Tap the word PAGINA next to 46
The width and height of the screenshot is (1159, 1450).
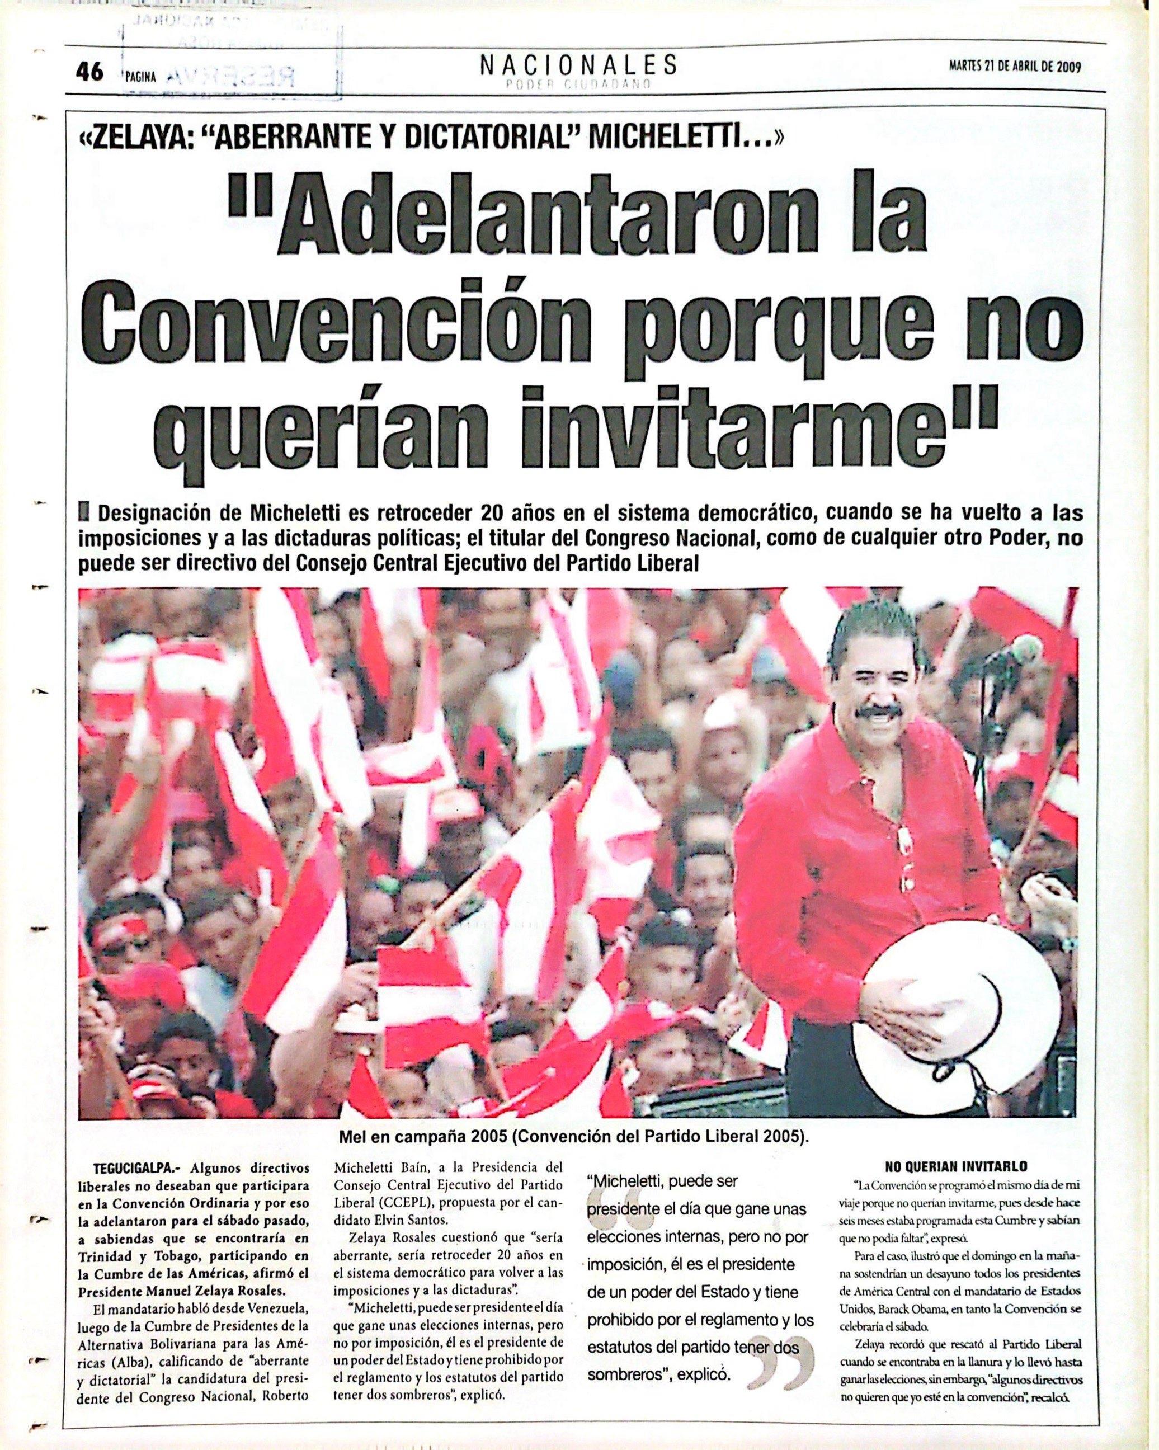[x=140, y=77]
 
